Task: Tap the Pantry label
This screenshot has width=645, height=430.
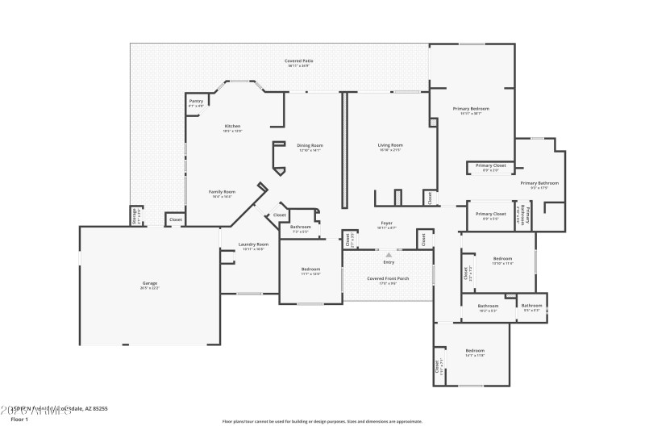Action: (x=196, y=102)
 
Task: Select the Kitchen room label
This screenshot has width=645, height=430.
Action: (x=232, y=127)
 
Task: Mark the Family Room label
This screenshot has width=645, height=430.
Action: (x=221, y=193)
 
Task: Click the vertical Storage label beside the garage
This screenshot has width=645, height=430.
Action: (x=134, y=216)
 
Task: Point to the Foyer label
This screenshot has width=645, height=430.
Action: (x=388, y=224)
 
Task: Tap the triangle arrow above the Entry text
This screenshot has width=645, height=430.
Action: (x=389, y=254)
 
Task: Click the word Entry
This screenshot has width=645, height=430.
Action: (x=389, y=262)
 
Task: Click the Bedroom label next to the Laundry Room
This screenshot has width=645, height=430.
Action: (x=310, y=270)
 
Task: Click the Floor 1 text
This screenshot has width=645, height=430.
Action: (x=19, y=420)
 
